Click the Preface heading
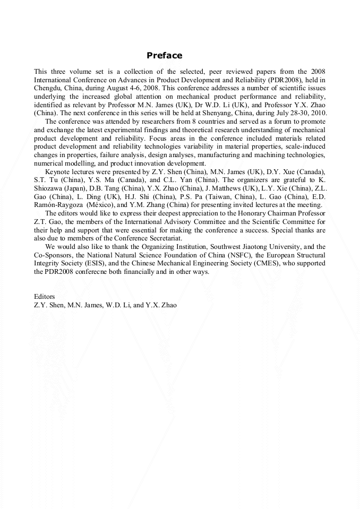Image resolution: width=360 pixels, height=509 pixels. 164,56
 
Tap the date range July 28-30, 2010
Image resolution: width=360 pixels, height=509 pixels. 298,113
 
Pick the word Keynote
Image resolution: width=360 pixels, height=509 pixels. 58,172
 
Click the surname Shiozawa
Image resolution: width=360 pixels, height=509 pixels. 49,189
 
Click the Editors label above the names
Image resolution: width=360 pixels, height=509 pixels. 45,297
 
